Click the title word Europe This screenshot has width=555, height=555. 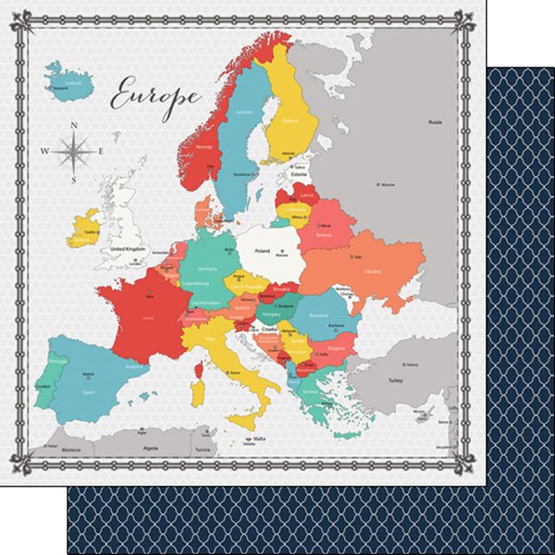[155, 93]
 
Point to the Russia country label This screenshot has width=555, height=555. [435, 122]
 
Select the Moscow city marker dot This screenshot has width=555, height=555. [378, 185]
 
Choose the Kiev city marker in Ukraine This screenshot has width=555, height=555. [351, 257]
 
